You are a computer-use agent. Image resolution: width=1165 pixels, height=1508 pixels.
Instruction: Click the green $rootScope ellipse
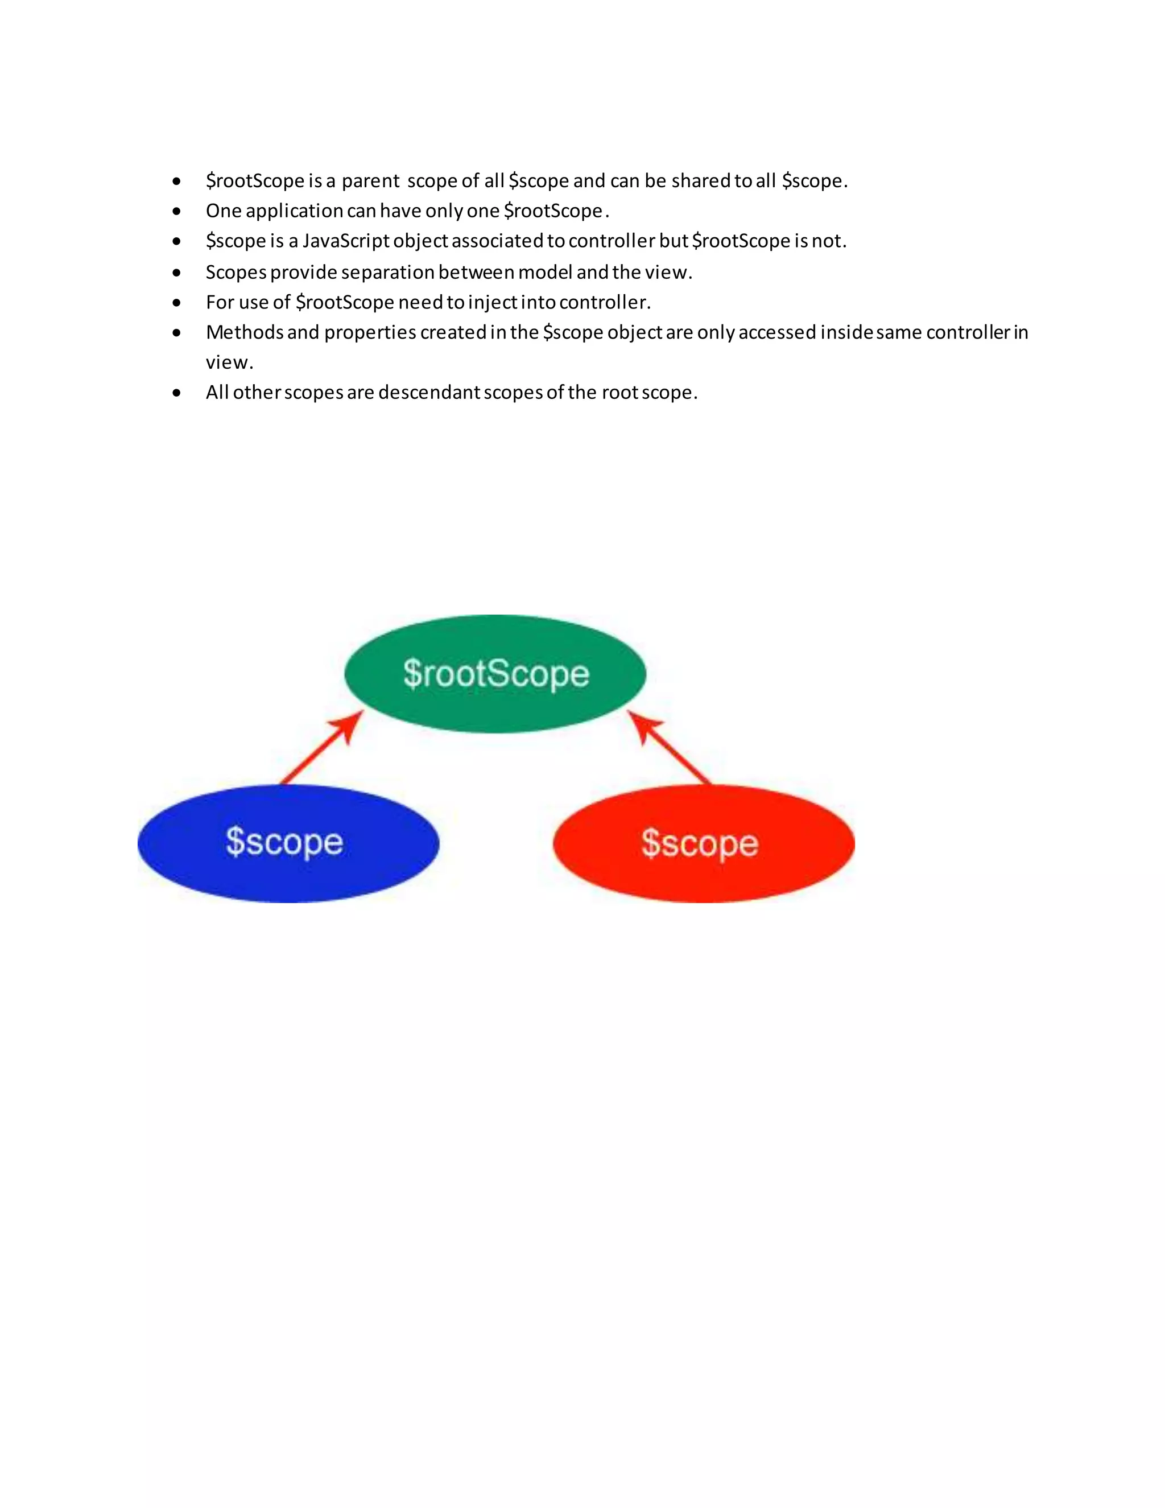pos(495,673)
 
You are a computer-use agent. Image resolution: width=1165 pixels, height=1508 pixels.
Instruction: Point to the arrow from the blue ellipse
pos(321,748)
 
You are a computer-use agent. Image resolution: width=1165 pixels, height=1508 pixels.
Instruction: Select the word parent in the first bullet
pos(371,181)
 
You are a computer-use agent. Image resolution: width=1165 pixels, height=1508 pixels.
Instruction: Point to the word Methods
pos(244,332)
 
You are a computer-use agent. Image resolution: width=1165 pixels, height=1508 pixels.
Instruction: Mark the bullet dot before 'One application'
pos(177,211)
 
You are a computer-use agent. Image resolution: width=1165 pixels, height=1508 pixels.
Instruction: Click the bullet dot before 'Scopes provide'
pos(177,273)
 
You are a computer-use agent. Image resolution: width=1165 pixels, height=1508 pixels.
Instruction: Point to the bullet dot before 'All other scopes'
pos(177,393)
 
